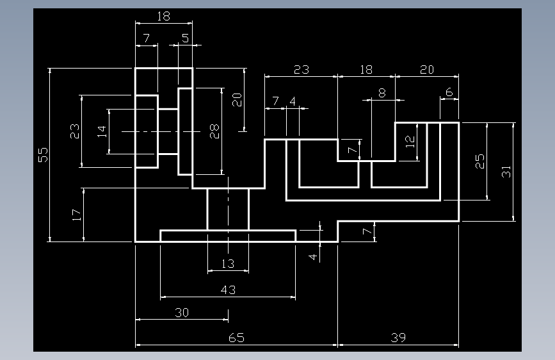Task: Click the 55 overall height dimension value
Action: point(43,155)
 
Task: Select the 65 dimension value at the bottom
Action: point(236,338)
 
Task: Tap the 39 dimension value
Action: point(398,338)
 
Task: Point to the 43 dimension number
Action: point(228,290)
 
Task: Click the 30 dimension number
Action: point(182,313)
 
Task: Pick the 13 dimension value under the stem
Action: point(228,264)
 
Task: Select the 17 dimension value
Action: point(76,215)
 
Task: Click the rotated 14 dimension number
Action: point(102,131)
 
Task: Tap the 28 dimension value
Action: point(214,131)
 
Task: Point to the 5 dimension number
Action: point(186,38)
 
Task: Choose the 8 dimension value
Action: point(382,93)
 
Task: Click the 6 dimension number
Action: point(449,92)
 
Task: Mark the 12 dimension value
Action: point(410,142)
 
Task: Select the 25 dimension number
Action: point(479,161)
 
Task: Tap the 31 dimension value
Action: point(506,172)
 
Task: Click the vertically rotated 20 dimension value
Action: point(237,99)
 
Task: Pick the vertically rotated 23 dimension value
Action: point(75,131)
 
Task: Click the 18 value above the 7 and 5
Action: point(163,16)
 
